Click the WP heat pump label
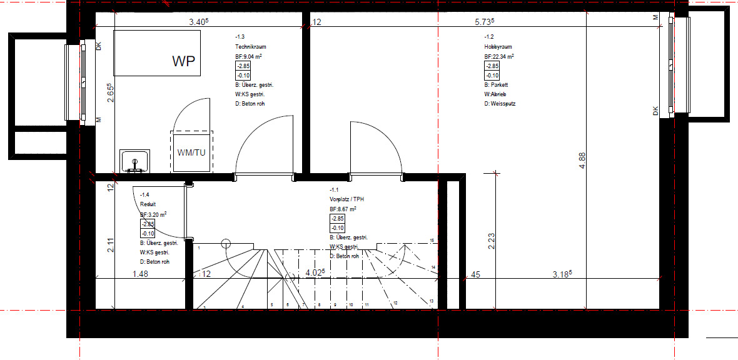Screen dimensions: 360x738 click(x=184, y=61)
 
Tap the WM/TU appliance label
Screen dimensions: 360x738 click(x=192, y=152)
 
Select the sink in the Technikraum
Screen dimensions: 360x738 click(x=134, y=161)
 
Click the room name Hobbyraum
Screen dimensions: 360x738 click(x=498, y=47)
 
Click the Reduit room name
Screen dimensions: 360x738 click(x=148, y=204)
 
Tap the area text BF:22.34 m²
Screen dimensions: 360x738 click(x=499, y=56)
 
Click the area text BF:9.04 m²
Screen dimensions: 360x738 click(x=248, y=56)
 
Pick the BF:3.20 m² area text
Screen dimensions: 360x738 click(x=153, y=214)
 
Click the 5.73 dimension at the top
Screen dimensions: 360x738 click(x=484, y=22)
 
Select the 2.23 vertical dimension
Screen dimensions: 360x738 click(x=492, y=241)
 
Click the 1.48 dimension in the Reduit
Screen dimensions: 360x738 click(x=141, y=273)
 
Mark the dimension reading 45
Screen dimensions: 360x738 click(x=475, y=273)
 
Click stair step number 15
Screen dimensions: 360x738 click(x=432, y=241)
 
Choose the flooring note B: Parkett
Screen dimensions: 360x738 click(x=496, y=85)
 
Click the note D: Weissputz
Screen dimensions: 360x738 click(x=500, y=104)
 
